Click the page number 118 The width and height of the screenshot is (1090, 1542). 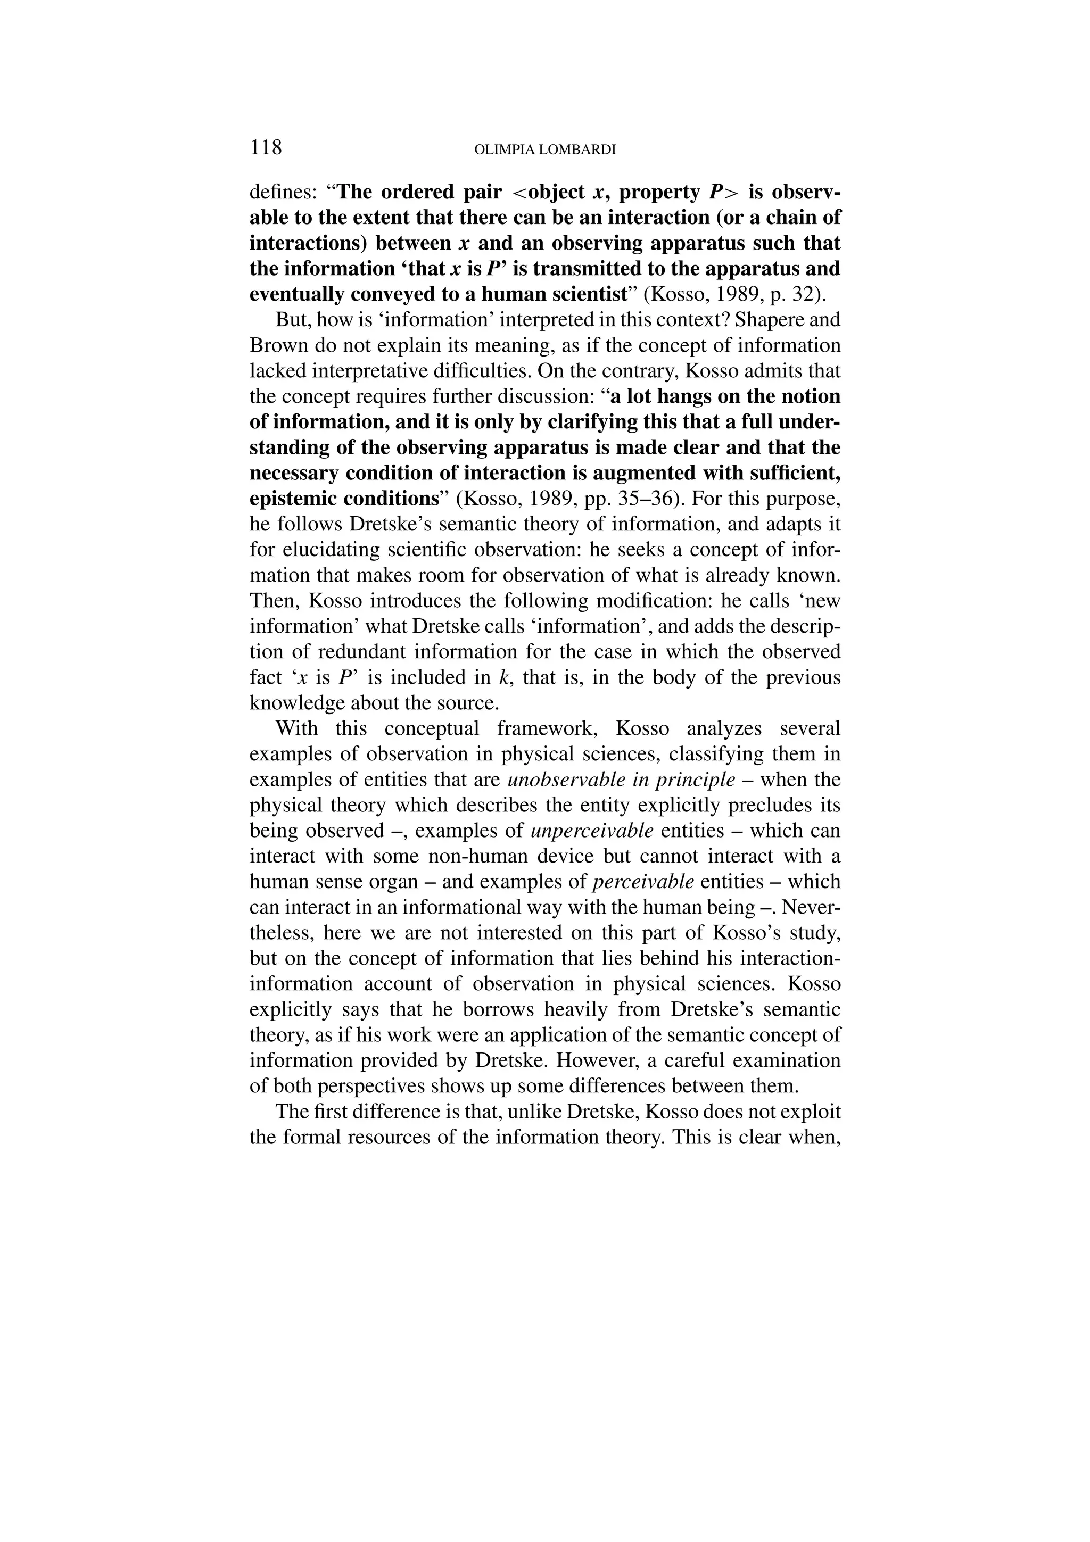coord(266,147)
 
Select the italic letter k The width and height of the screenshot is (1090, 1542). coord(502,678)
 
